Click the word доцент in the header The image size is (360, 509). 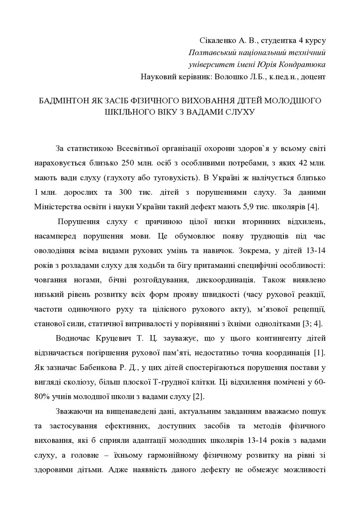(x=313, y=77)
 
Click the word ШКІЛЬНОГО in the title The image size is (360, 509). (x=132, y=112)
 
